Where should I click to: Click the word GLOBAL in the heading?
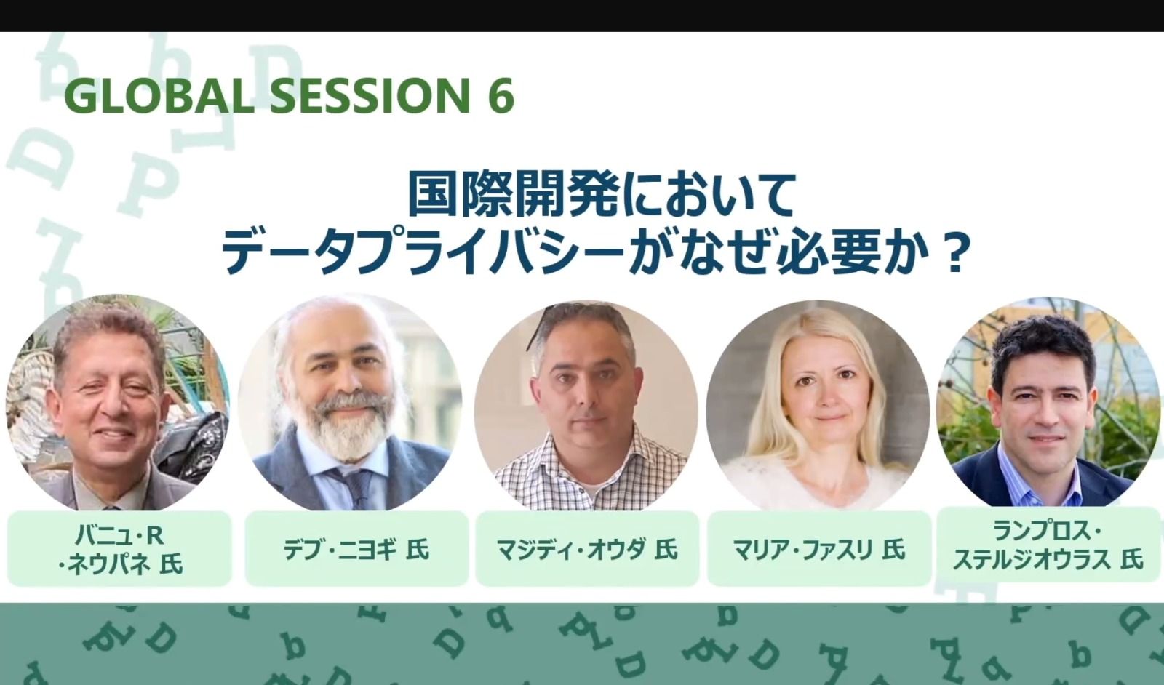pyautogui.click(x=159, y=95)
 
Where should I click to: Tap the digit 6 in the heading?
pyautogui.click(x=501, y=95)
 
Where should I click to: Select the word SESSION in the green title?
pyautogui.click(x=370, y=95)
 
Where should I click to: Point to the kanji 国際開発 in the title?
pyautogui.click(x=514, y=194)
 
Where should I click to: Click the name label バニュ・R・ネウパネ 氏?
pyautogui.click(x=119, y=549)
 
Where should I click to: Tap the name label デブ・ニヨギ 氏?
pyautogui.click(x=356, y=549)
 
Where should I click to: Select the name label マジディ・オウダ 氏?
pyautogui.click(x=587, y=549)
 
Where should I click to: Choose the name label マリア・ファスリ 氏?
pyautogui.click(x=819, y=549)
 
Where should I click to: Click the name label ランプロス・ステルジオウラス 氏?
pyautogui.click(x=1048, y=545)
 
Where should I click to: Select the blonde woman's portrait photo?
pyautogui.click(x=818, y=405)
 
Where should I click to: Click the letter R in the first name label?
pyautogui.click(x=155, y=535)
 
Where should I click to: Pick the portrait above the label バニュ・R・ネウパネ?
pyautogui.click(x=117, y=403)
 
